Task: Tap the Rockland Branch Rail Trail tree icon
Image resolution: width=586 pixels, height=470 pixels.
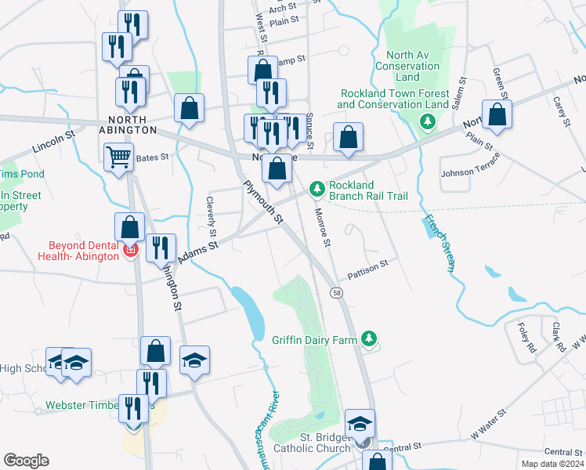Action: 317,189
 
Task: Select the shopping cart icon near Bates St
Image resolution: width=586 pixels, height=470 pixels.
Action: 118,157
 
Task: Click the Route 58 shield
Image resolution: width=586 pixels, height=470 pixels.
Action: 336,292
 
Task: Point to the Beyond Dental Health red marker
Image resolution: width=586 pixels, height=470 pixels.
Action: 130,251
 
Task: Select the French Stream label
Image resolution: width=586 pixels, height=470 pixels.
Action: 439,242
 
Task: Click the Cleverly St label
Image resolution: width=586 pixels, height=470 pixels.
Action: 211,216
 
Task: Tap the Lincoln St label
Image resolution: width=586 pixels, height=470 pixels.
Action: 53,141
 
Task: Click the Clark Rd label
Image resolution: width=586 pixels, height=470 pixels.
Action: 557,336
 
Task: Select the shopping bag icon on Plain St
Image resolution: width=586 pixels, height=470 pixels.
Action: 497,115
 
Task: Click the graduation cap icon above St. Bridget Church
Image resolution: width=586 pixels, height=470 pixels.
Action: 360,424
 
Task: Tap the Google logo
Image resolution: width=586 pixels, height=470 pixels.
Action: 26,461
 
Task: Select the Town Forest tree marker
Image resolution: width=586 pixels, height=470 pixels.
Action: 427,121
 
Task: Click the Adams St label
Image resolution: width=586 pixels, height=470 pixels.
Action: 197,252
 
